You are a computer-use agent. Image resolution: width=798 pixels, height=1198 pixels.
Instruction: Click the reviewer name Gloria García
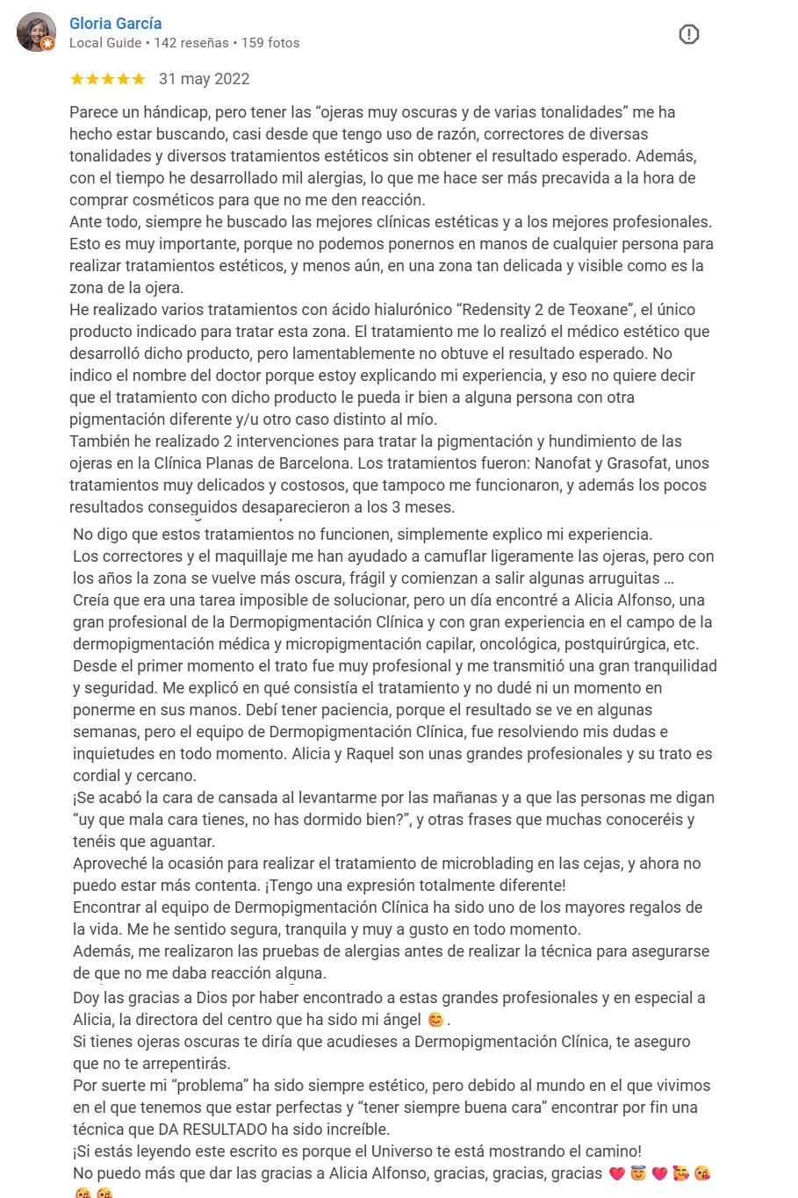(x=115, y=24)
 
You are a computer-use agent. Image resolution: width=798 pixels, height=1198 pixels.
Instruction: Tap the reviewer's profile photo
(x=36, y=32)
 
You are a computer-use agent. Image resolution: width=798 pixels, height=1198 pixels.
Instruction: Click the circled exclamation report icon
(x=689, y=35)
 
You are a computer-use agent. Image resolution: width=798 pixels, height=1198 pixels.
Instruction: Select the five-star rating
(x=107, y=79)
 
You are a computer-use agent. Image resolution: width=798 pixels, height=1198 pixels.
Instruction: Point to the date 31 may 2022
(x=204, y=79)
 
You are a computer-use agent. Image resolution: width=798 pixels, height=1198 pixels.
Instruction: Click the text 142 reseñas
(x=191, y=42)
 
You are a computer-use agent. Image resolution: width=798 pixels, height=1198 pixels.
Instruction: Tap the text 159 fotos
(x=270, y=42)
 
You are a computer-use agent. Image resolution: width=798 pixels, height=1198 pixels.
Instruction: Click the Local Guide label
(x=104, y=42)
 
